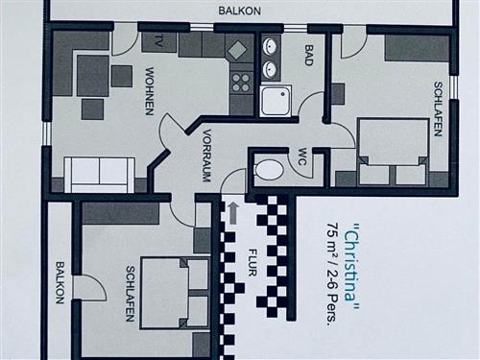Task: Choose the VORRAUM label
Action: click(x=204, y=155)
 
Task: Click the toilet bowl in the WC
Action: click(x=271, y=171)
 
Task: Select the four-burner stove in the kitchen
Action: click(x=240, y=82)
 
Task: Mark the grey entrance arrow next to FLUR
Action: click(x=232, y=212)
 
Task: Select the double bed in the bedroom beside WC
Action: click(x=392, y=152)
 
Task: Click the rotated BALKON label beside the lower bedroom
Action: click(x=60, y=282)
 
